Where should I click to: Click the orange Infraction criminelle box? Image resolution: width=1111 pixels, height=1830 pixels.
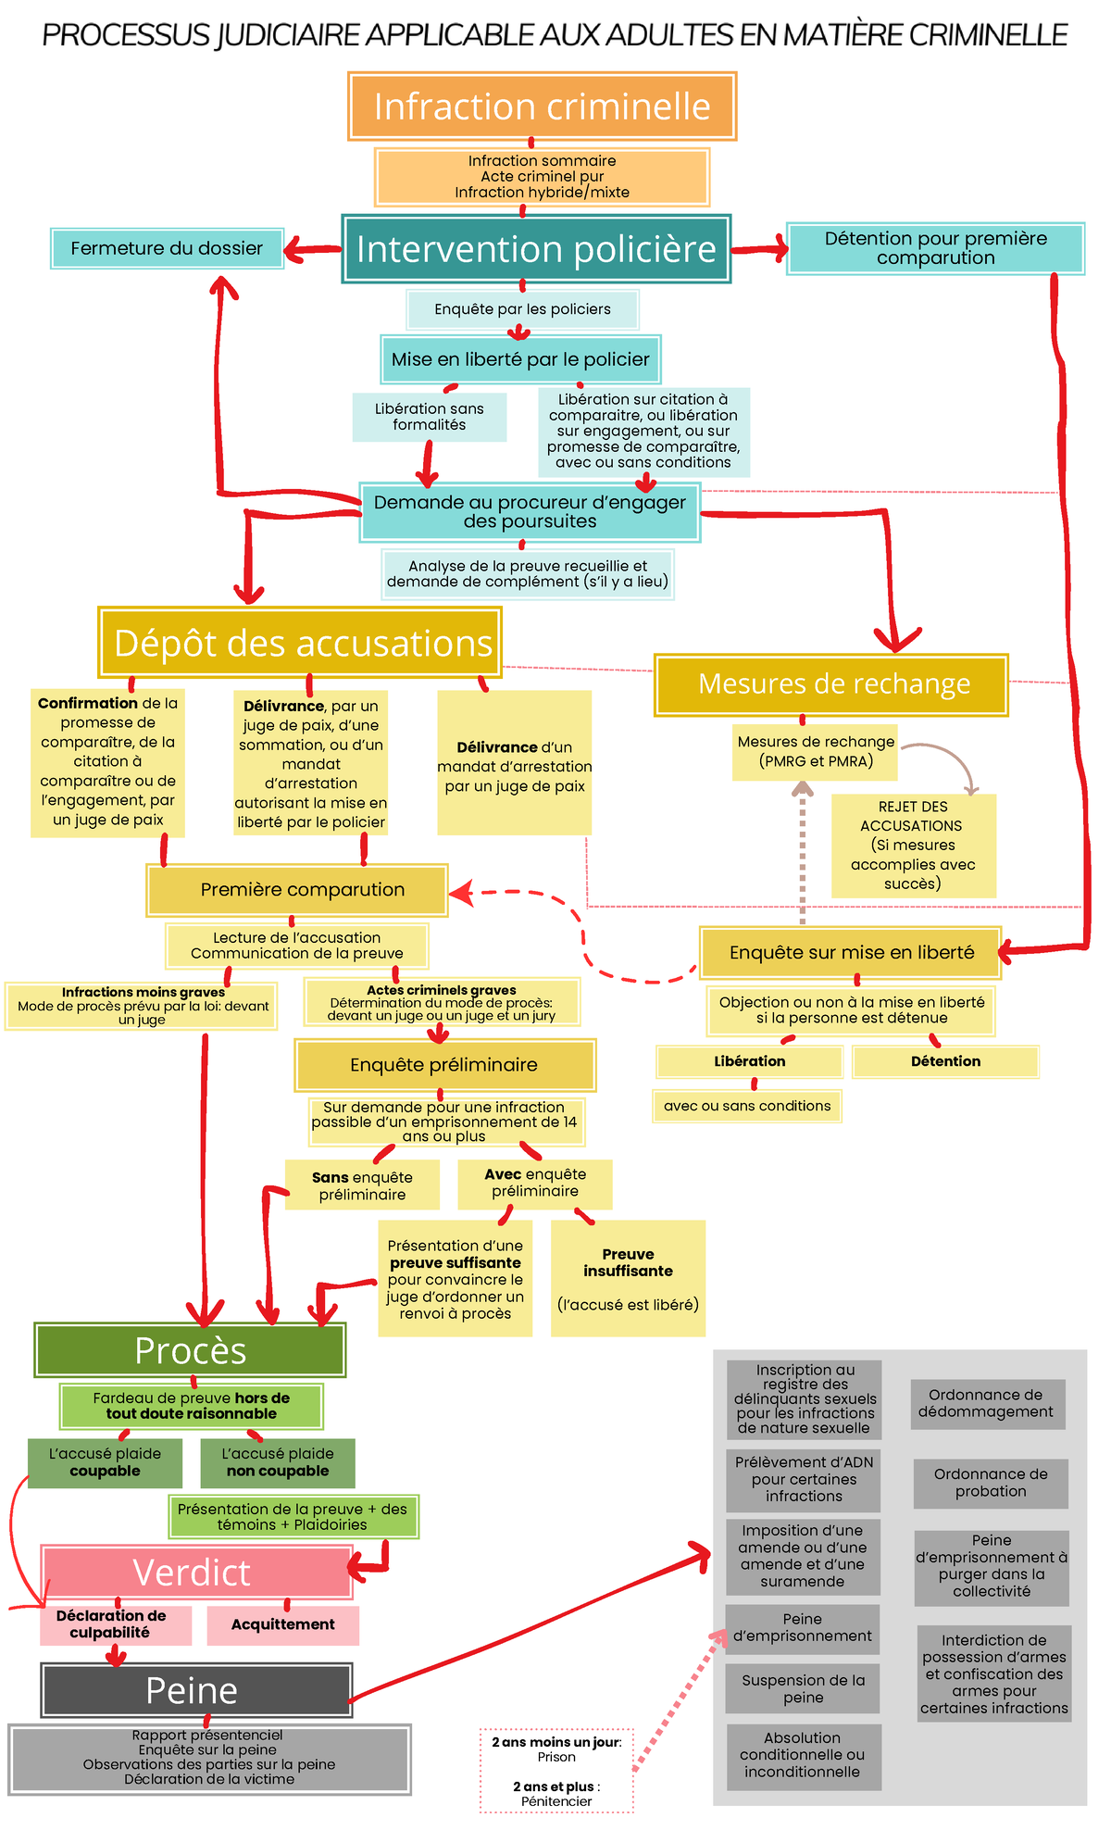pos(542,107)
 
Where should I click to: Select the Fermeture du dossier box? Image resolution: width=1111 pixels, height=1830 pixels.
pos(167,248)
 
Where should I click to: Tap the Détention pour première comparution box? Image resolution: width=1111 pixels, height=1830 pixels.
pos(935,248)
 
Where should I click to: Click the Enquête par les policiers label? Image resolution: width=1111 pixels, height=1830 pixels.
pos(522,309)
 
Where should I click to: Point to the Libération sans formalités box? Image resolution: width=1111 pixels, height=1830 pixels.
pos(429,417)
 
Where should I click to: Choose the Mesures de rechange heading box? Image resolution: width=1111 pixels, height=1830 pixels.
pos(831,684)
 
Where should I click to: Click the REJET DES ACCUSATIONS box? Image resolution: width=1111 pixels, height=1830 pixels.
pos(913,845)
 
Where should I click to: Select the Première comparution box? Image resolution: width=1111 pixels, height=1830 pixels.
pos(297,890)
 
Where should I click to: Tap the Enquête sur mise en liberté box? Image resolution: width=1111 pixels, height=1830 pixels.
pos(850,952)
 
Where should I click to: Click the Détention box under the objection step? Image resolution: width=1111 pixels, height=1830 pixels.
pos(945,1061)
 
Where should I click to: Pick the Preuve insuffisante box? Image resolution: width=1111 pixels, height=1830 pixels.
pos(628,1277)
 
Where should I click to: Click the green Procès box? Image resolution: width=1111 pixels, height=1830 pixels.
pos(190,1350)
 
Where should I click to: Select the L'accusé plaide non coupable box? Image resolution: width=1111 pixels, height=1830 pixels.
pos(278,1462)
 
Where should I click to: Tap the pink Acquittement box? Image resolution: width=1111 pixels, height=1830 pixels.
pos(282,1624)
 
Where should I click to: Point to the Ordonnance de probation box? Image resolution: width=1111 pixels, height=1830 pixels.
pos(991,1483)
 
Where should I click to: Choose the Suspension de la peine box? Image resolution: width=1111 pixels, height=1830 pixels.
pos(803,1688)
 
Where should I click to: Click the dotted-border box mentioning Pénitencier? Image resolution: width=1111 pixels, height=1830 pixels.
pos(556,1770)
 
